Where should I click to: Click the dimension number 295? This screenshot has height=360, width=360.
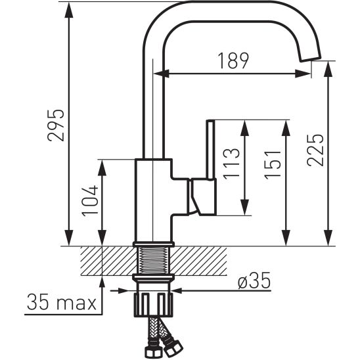pos(56,125)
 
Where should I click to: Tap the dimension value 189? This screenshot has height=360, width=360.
pos(233,60)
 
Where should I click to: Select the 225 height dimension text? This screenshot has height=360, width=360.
pos(315,150)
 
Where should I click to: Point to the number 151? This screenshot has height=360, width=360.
pos(273,165)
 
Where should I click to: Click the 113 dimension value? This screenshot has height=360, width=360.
pos(231,164)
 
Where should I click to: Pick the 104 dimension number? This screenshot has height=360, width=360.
pos(90,201)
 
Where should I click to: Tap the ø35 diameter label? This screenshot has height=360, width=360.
pos(254,281)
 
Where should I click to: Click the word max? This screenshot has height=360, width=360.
pos(76,304)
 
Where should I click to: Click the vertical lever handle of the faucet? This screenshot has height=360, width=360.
pos(210,149)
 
